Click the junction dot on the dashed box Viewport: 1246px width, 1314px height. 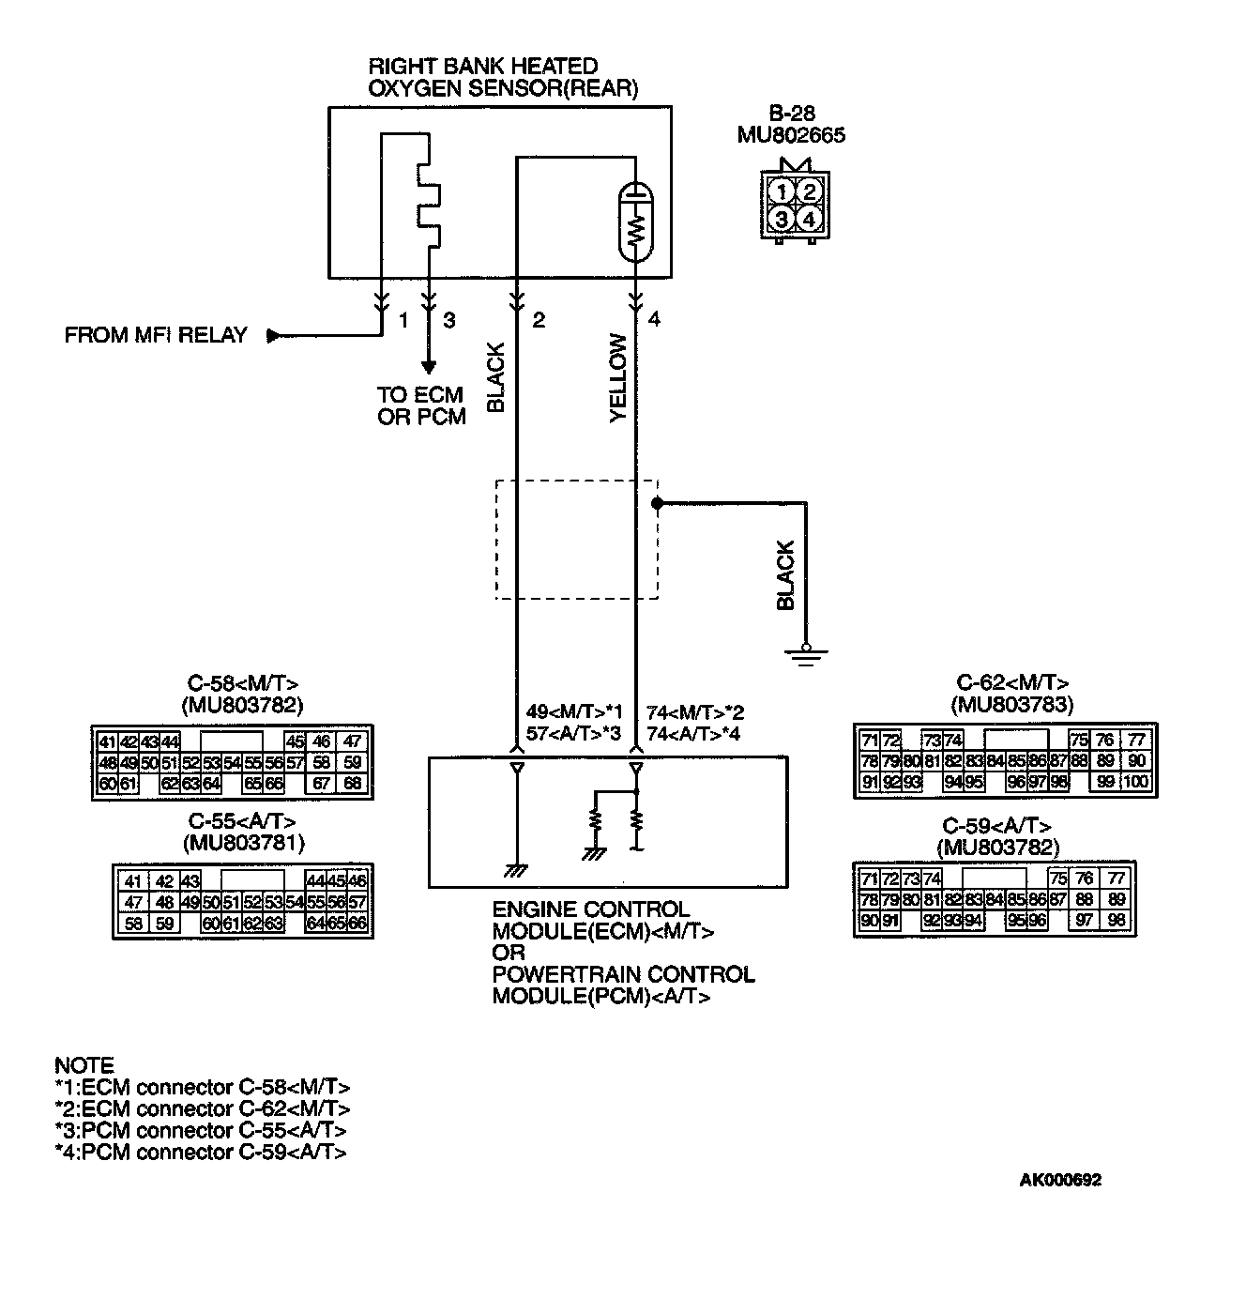(657, 504)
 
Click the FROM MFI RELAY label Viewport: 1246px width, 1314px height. (156, 335)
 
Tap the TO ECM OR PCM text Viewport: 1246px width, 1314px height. (421, 405)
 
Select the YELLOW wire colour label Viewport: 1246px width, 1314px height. (618, 378)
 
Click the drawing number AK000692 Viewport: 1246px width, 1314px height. (1060, 1181)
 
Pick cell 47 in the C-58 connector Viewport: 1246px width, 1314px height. (353, 741)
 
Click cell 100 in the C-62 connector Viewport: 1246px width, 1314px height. (1136, 782)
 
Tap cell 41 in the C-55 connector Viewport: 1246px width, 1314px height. (133, 881)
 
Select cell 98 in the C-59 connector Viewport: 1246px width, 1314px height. (1116, 921)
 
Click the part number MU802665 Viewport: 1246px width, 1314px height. (791, 135)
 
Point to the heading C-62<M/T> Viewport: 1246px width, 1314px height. (1012, 683)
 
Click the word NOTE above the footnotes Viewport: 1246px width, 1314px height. (84, 1065)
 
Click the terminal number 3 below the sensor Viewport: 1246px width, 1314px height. (449, 321)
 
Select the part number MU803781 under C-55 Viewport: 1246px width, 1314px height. (244, 843)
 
